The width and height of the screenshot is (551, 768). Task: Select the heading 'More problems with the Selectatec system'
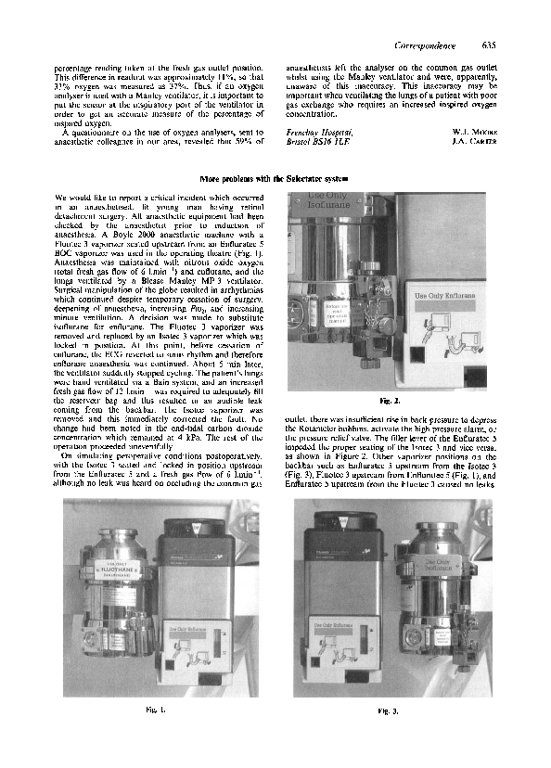275,177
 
